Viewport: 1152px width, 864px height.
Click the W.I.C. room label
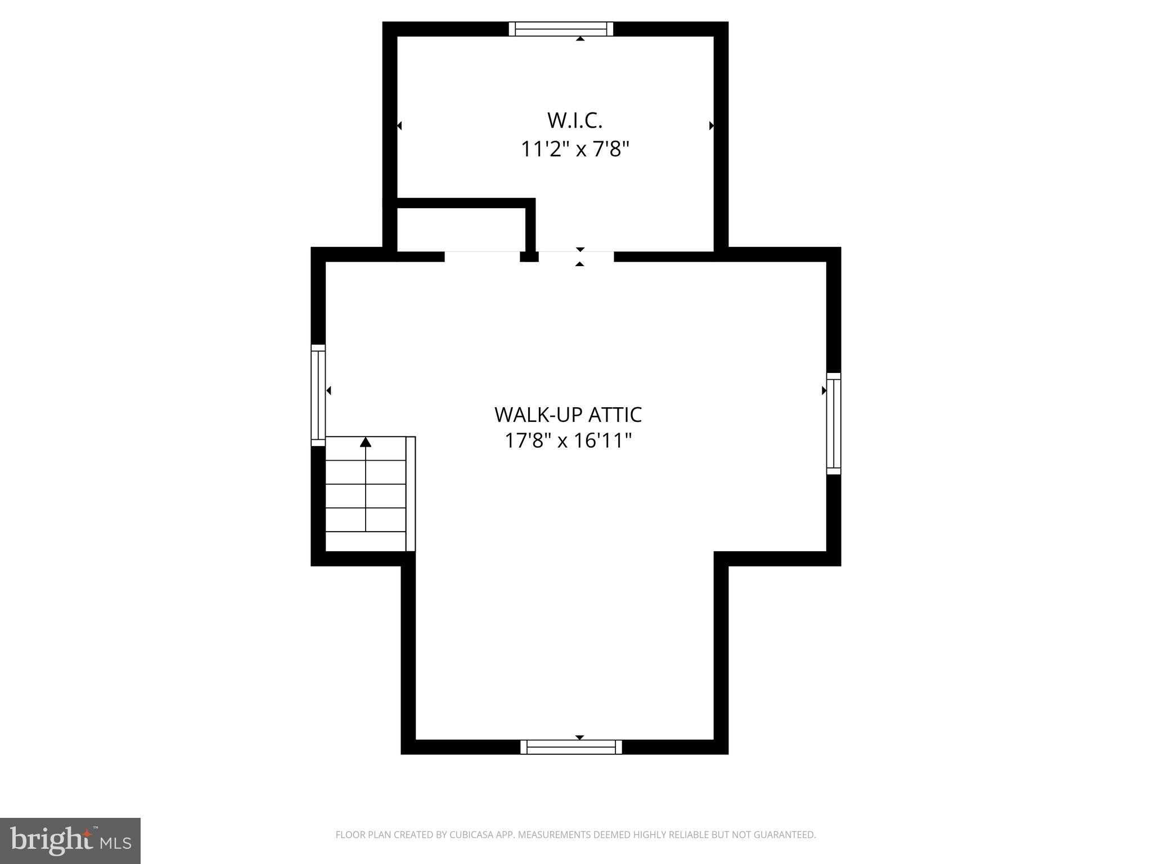pos(574,120)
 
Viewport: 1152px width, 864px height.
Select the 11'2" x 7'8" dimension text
pos(574,150)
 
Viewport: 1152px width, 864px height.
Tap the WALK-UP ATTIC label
pos(568,415)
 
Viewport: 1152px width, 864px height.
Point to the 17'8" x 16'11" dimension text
pos(568,440)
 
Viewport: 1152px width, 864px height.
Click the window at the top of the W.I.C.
pos(561,29)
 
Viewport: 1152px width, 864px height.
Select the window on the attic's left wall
pos(318,395)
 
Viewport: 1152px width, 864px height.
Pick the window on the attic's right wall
pos(833,423)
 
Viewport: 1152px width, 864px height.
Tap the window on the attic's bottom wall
pos(571,747)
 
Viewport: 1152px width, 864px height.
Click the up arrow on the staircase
pos(366,442)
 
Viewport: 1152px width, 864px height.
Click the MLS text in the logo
pos(116,843)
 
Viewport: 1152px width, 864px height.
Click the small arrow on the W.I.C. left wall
pos(399,125)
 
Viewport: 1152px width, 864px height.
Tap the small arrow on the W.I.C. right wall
pos(711,125)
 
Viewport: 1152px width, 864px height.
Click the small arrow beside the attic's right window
pos(823,390)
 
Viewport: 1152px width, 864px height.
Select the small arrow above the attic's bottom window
pos(579,737)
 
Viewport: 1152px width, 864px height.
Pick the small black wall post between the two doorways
pos(529,256)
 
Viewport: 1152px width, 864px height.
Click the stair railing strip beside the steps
pos(411,493)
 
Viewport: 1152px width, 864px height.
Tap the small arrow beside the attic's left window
pos(328,390)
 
